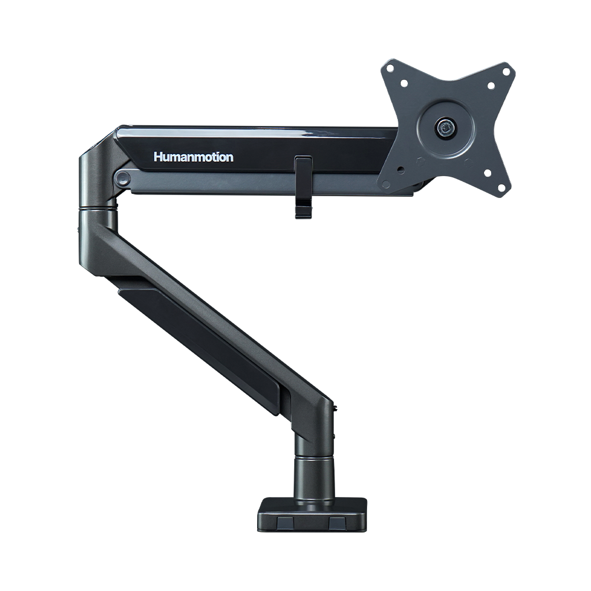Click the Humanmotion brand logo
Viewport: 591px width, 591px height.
pos(193,157)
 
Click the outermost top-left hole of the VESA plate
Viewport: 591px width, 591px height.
pos(391,69)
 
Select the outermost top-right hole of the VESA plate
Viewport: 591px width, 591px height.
pos(506,70)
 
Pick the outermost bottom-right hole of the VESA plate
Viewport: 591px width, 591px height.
pos(502,187)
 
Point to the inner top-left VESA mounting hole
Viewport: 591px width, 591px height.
pos(404,83)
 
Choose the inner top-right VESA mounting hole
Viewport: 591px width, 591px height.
pos(491,86)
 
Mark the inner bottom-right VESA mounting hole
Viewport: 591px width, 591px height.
pos(488,173)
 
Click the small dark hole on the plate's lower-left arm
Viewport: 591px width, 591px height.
pos(401,170)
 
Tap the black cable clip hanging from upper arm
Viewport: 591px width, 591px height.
pos(303,187)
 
